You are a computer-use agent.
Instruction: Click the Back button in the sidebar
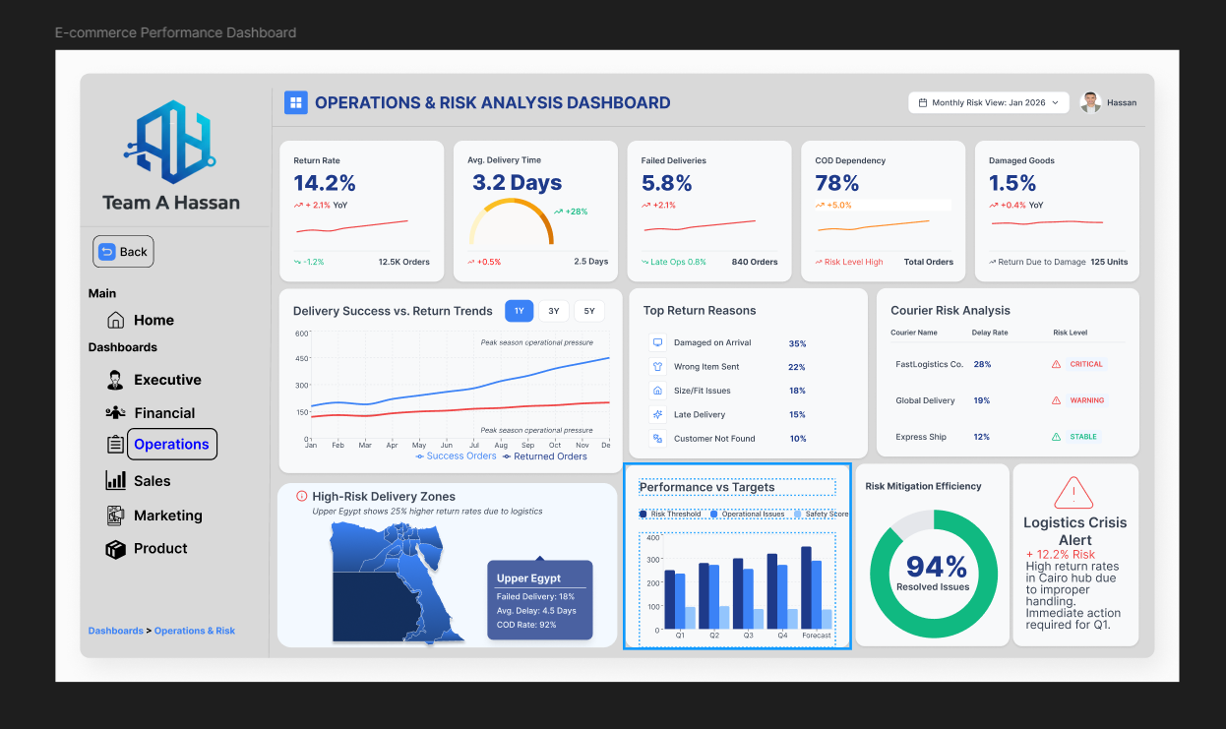point(123,252)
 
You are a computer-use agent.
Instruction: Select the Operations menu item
point(171,445)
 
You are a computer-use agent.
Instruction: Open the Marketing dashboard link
point(167,516)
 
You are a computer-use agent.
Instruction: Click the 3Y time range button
point(554,311)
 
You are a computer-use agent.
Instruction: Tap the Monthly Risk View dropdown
point(988,102)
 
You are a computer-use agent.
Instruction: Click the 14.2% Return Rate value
point(325,183)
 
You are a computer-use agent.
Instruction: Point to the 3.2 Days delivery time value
point(517,183)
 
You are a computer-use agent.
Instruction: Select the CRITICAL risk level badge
point(1086,364)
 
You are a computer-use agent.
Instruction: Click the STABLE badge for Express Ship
point(1082,437)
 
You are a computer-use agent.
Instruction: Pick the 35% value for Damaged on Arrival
point(797,343)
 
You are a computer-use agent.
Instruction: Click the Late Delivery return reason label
point(699,415)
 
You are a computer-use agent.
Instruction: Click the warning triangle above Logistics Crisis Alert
point(1073,493)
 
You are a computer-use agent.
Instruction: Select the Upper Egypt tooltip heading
point(528,578)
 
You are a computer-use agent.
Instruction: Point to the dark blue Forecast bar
point(806,587)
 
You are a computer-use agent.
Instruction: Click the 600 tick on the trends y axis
point(301,334)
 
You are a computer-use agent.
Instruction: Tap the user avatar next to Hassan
point(1090,102)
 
